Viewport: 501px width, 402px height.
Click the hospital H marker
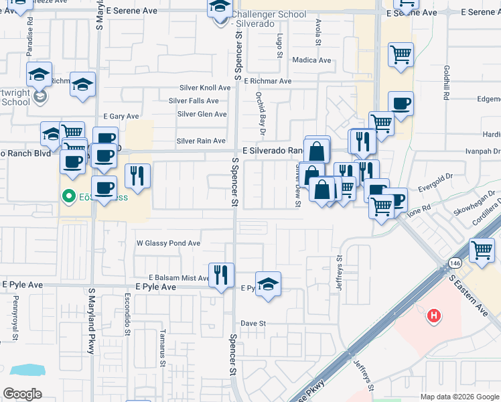434,314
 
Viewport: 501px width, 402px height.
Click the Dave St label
254,323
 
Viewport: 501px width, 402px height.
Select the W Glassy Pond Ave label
169,243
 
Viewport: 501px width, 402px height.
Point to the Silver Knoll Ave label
205,88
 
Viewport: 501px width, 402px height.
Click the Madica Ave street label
312,60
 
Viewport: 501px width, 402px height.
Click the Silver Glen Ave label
202,114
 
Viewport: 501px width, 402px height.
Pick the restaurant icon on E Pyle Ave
221,275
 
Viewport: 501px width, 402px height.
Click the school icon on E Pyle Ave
268,284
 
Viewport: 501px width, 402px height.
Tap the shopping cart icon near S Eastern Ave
482,251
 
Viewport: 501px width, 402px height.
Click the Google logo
23,394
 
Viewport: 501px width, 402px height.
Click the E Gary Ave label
120,117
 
